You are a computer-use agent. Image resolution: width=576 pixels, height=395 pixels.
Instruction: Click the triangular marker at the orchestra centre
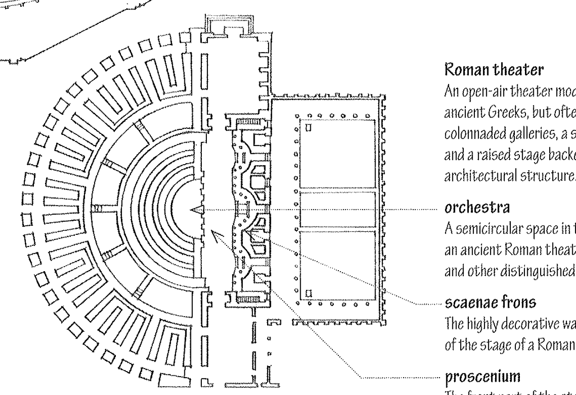tap(196, 210)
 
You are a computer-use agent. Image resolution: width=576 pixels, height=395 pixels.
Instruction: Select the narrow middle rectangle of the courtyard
tap(337, 210)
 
